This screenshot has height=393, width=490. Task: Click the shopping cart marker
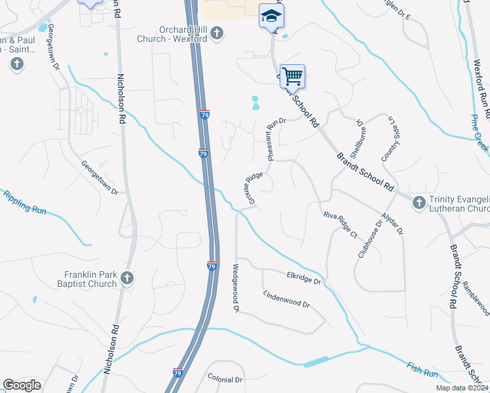292,76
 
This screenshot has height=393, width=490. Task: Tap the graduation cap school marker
271,16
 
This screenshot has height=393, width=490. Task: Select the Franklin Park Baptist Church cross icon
127,278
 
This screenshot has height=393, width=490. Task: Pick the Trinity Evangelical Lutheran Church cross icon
419,203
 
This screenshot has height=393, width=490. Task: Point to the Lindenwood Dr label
286,300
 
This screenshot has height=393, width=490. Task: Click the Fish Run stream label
422,370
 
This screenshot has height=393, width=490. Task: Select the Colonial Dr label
225,379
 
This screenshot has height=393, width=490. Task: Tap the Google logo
22,385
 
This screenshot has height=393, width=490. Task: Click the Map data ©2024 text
462,388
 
